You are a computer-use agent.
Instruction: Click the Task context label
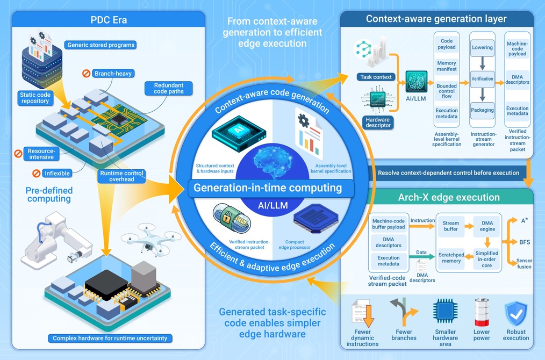tap(376, 77)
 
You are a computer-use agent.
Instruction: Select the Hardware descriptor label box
tap(378, 123)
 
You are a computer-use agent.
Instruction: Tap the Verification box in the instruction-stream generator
tap(482, 79)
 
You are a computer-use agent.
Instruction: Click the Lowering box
tap(482, 48)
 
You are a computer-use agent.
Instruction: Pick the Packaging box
tap(482, 110)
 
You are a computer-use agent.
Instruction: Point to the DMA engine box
tap(487, 226)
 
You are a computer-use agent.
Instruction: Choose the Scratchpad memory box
tap(451, 258)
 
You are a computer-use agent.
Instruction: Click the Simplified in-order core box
tap(486, 259)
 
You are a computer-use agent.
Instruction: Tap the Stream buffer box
tap(451, 226)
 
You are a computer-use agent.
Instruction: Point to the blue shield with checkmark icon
tap(516, 313)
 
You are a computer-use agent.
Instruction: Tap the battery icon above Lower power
tap(482, 312)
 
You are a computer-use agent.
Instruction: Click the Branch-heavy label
tap(113, 73)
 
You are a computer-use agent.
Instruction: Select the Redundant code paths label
tap(169, 88)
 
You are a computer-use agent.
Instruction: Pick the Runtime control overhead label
tap(121, 176)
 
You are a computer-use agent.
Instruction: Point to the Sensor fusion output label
tap(524, 263)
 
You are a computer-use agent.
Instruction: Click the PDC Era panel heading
tap(109, 20)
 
